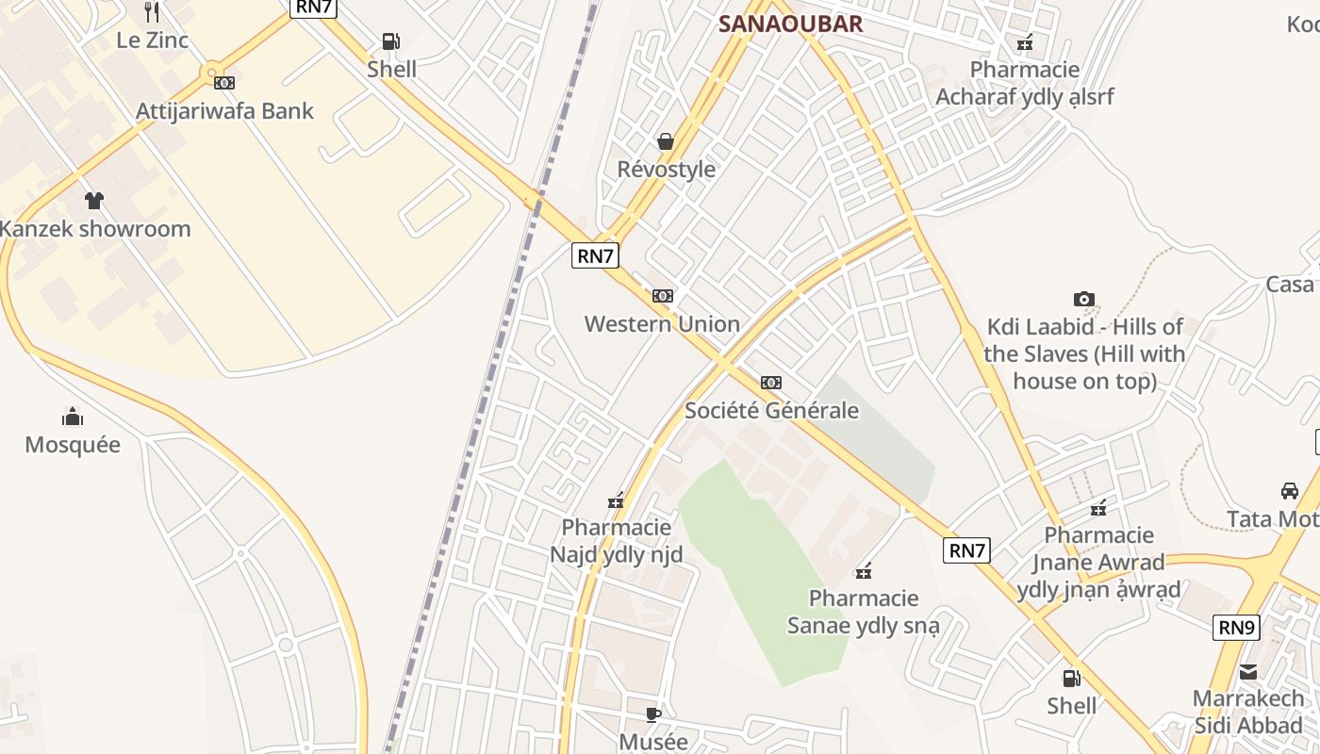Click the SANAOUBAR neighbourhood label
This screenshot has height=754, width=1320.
click(790, 24)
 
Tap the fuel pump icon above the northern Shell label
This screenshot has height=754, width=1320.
click(390, 41)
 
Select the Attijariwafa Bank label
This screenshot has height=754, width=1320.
click(224, 110)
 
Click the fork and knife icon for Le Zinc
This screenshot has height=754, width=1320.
click(152, 12)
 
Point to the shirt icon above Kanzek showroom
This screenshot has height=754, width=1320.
click(94, 200)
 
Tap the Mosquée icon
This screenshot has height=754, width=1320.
click(73, 417)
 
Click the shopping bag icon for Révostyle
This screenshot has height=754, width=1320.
click(666, 141)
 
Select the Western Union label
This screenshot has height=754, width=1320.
click(662, 324)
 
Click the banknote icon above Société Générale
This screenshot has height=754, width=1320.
click(771, 383)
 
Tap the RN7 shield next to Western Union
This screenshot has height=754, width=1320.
click(595, 255)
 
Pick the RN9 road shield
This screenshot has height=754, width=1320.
click(1236, 627)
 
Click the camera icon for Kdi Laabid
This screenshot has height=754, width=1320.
click(1084, 300)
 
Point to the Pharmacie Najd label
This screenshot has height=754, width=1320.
click(617, 541)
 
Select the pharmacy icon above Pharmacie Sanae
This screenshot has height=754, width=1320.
click(863, 571)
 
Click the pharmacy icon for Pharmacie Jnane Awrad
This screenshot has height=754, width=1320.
click(1098, 509)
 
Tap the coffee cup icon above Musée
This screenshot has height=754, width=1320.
click(653, 714)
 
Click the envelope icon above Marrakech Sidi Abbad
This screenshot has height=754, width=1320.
click(1248, 672)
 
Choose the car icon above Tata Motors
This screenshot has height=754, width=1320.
click(1289, 491)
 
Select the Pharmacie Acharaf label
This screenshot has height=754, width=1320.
click(1025, 83)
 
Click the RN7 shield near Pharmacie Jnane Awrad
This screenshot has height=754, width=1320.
click(967, 550)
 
